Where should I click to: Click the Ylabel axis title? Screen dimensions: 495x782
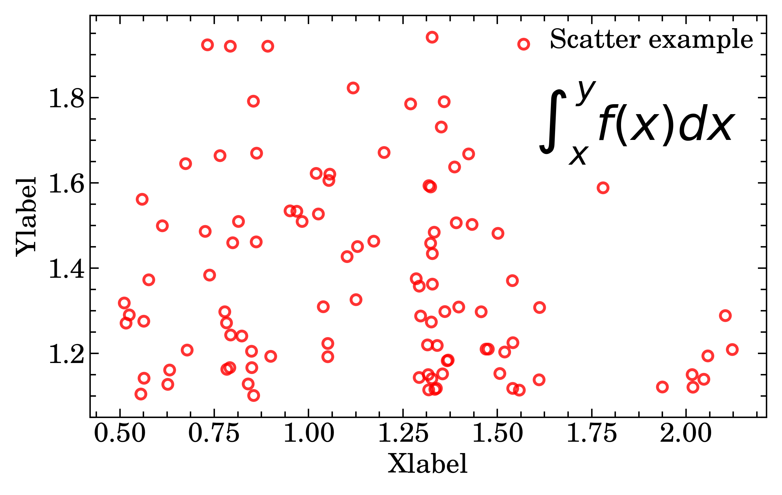26,217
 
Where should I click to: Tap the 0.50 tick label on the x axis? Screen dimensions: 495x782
120,433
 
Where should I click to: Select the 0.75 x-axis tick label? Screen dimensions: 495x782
214,433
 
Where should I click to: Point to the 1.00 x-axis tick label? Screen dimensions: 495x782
308,433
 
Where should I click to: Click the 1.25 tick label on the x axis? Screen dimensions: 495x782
403,433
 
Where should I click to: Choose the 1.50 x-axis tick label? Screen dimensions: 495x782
498,433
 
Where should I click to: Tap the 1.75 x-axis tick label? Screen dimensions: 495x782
591,433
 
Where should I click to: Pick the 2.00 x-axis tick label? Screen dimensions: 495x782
686,433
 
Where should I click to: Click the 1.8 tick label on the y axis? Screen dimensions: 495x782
66,98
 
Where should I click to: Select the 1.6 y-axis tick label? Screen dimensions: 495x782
66,184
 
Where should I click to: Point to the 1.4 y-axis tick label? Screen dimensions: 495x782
66,269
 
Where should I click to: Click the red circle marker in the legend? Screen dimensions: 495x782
523,44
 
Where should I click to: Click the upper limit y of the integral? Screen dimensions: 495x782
585,92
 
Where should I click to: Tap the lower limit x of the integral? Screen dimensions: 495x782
578,155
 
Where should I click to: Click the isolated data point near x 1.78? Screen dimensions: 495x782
603,188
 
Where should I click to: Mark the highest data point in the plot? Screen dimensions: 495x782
432,37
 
